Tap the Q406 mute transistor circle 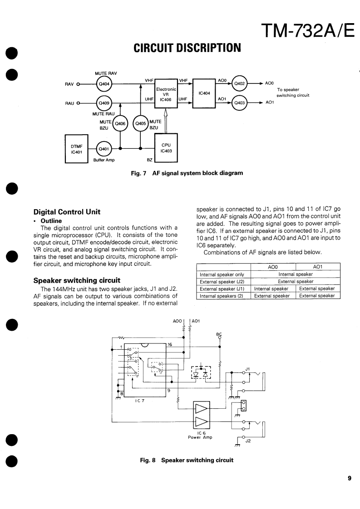point(120,123)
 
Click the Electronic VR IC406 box point(165,93)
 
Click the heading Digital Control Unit point(67,212)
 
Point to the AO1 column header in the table point(317,267)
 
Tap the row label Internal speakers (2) point(222,296)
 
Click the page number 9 point(350,478)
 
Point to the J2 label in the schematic point(248,440)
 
